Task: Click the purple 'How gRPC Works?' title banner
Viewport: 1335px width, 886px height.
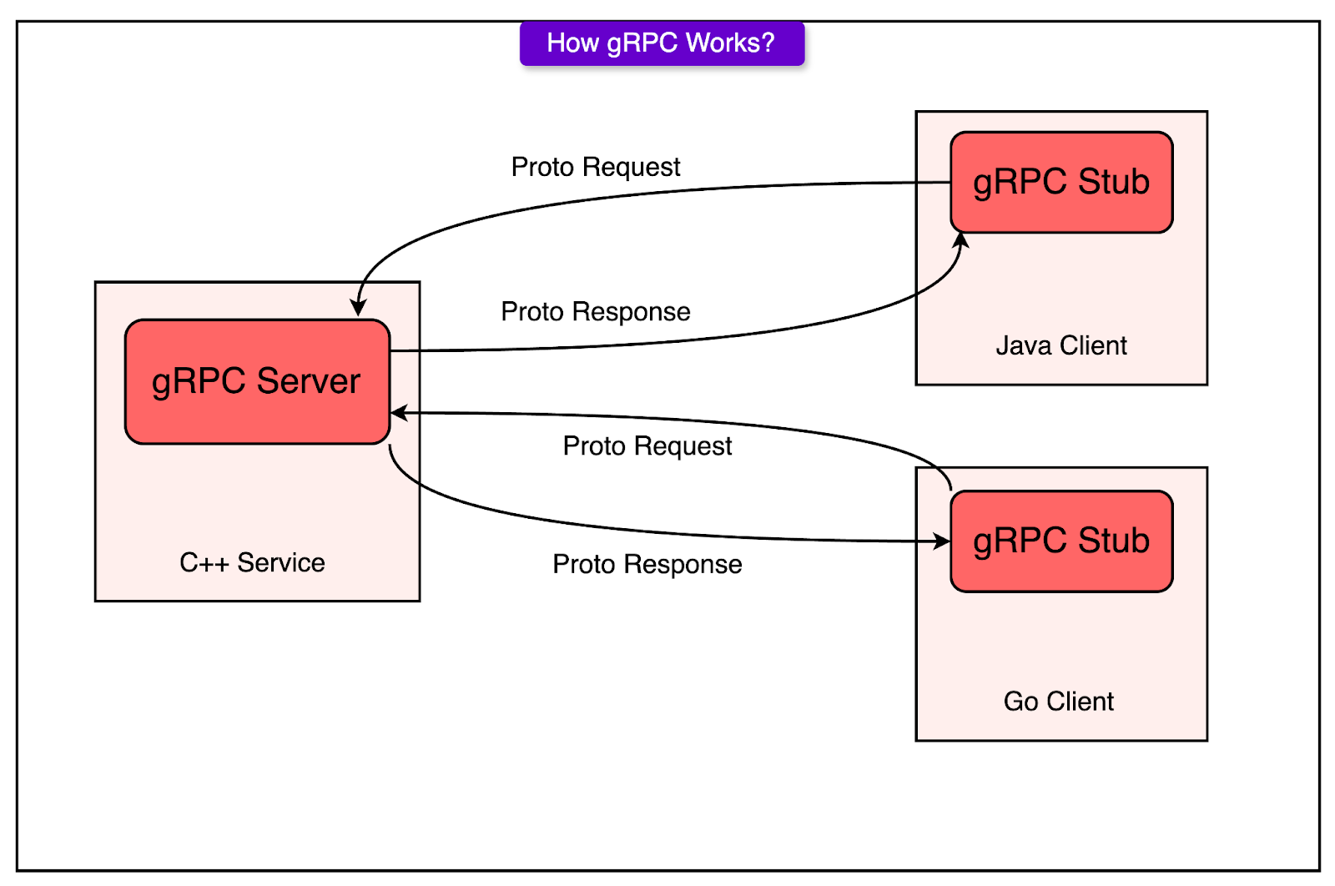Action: tap(662, 43)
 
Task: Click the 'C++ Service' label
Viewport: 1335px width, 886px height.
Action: tap(252, 562)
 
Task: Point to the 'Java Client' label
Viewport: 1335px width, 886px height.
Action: tap(1061, 345)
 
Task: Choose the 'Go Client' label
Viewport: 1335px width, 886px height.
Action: tap(1058, 702)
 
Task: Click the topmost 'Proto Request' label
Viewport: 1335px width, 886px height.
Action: tap(596, 167)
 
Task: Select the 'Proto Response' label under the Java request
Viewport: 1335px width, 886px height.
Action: tap(596, 311)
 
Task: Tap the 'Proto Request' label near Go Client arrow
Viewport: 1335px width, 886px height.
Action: tap(647, 446)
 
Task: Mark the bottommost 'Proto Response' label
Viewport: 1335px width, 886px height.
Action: tap(647, 564)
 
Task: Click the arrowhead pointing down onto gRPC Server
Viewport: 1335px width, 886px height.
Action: tap(359, 307)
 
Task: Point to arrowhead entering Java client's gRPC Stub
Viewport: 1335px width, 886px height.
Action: tap(961, 241)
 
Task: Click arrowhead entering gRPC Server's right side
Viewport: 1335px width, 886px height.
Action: tap(400, 413)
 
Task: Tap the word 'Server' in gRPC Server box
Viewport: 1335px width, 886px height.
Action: tap(308, 381)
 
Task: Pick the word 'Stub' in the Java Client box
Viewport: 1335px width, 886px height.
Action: tap(1114, 182)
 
